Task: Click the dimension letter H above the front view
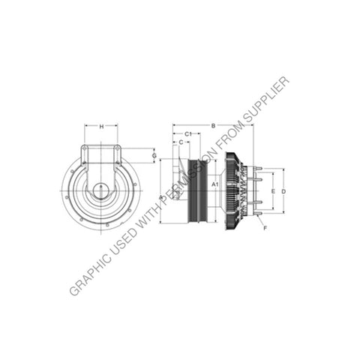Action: pyautogui.click(x=102, y=127)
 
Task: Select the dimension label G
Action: pyautogui.click(x=155, y=156)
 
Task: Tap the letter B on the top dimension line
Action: pyautogui.click(x=213, y=125)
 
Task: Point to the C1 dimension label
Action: pyautogui.click(x=188, y=133)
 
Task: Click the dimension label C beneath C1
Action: pyautogui.click(x=181, y=141)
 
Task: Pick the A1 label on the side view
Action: pyautogui.click(x=214, y=184)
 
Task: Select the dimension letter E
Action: pyautogui.click(x=274, y=191)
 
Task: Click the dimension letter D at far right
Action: pyautogui.click(x=283, y=191)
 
